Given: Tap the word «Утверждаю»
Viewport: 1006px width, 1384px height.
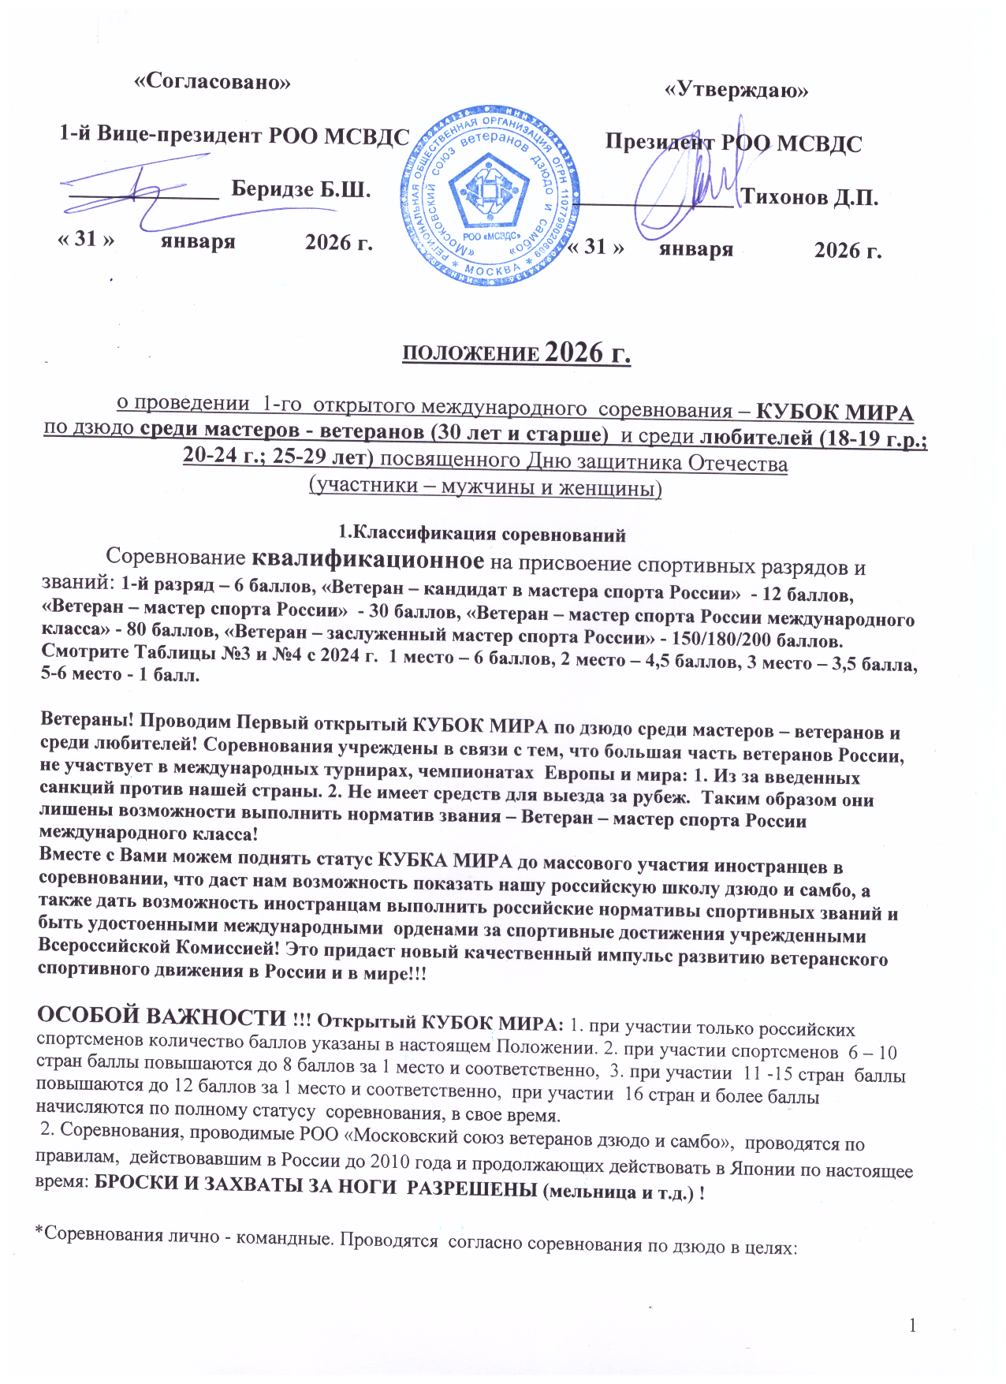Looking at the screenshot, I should pos(736,91).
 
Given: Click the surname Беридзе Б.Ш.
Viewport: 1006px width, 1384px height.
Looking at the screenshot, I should pos(301,189).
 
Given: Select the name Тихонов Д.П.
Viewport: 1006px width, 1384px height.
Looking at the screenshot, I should pos(810,197).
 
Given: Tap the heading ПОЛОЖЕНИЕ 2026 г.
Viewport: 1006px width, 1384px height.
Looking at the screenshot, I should pos(516,353).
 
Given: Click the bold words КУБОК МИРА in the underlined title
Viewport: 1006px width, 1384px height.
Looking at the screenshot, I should pos(834,413).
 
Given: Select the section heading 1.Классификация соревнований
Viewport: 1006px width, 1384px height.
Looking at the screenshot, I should pos(482,535).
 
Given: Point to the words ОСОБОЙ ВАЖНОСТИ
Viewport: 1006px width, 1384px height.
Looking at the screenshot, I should pos(162,1016).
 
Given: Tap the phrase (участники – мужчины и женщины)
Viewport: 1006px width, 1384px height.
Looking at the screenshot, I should pos(485,487).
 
